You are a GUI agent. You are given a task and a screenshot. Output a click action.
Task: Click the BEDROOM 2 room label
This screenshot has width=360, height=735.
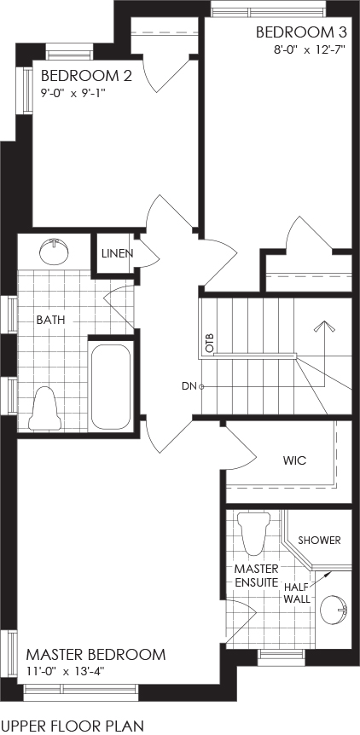(x=86, y=76)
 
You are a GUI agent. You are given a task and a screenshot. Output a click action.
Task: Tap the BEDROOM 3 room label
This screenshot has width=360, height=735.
(x=301, y=32)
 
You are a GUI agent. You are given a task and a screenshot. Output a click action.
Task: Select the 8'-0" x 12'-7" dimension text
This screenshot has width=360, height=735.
(x=310, y=49)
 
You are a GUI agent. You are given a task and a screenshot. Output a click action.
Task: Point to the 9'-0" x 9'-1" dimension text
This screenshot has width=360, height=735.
(x=72, y=93)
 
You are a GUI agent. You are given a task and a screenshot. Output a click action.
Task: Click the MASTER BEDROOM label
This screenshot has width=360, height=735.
(x=96, y=654)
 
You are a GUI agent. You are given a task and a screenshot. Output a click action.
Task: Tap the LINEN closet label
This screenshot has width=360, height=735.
(x=117, y=253)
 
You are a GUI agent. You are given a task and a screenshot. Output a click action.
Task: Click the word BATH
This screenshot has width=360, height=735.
(x=50, y=320)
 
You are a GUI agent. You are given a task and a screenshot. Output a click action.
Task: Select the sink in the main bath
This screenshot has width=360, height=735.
(x=55, y=252)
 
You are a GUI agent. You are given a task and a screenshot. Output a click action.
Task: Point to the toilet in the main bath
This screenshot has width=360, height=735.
(x=45, y=408)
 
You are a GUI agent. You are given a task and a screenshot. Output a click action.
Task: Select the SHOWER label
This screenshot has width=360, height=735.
(x=319, y=540)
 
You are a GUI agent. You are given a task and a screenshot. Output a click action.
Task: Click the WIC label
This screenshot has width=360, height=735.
(x=294, y=460)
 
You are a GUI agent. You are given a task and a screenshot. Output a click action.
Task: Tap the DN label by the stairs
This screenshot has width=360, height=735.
(x=189, y=386)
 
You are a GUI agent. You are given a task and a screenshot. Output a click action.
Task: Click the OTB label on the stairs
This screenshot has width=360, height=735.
(x=210, y=343)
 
